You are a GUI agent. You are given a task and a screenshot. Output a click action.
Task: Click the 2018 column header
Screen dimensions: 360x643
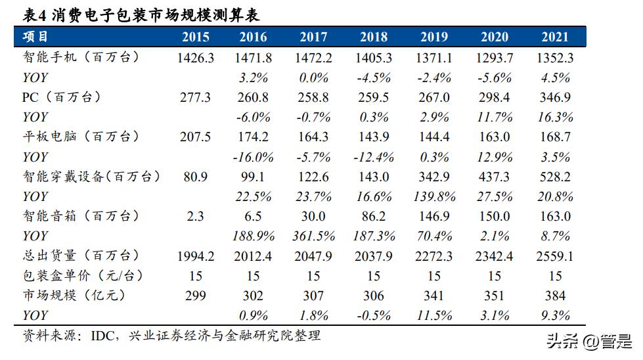tap(374, 37)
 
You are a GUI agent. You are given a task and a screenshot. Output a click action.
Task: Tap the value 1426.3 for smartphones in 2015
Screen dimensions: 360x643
tap(196, 58)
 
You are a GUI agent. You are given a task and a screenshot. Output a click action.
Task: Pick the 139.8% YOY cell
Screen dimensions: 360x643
tap(434, 196)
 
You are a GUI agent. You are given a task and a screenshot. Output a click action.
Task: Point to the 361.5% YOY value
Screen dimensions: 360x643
tap(313, 236)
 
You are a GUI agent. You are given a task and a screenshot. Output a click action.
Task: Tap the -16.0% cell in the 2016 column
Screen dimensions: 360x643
tap(253, 157)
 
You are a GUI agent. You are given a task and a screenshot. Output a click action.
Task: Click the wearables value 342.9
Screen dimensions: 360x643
tap(434, 177)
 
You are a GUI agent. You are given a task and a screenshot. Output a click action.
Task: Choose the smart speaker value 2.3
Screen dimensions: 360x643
tap(196, 216)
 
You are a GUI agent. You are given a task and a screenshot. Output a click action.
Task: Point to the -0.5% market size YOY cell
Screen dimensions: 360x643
tap(374, 315)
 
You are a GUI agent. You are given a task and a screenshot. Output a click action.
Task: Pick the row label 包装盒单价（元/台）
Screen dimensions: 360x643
tap(82, 276)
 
